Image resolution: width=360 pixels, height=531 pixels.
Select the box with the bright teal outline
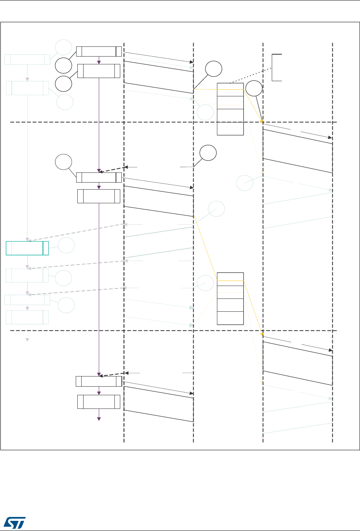27,248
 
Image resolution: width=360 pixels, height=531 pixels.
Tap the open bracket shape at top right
277,67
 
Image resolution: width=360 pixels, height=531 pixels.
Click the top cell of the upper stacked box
230,89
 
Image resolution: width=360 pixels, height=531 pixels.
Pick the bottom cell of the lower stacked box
230,318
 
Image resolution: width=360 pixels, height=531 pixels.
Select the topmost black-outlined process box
99,51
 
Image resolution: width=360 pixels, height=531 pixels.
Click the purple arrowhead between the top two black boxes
99,62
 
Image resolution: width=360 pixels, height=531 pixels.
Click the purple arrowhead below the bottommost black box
99,419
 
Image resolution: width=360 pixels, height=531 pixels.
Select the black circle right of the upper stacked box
254,89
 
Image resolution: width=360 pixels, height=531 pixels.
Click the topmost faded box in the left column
27,60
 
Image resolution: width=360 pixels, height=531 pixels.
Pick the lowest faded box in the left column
27,317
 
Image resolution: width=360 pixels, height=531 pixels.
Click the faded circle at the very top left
63,47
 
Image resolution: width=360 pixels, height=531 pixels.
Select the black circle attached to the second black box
63,84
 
